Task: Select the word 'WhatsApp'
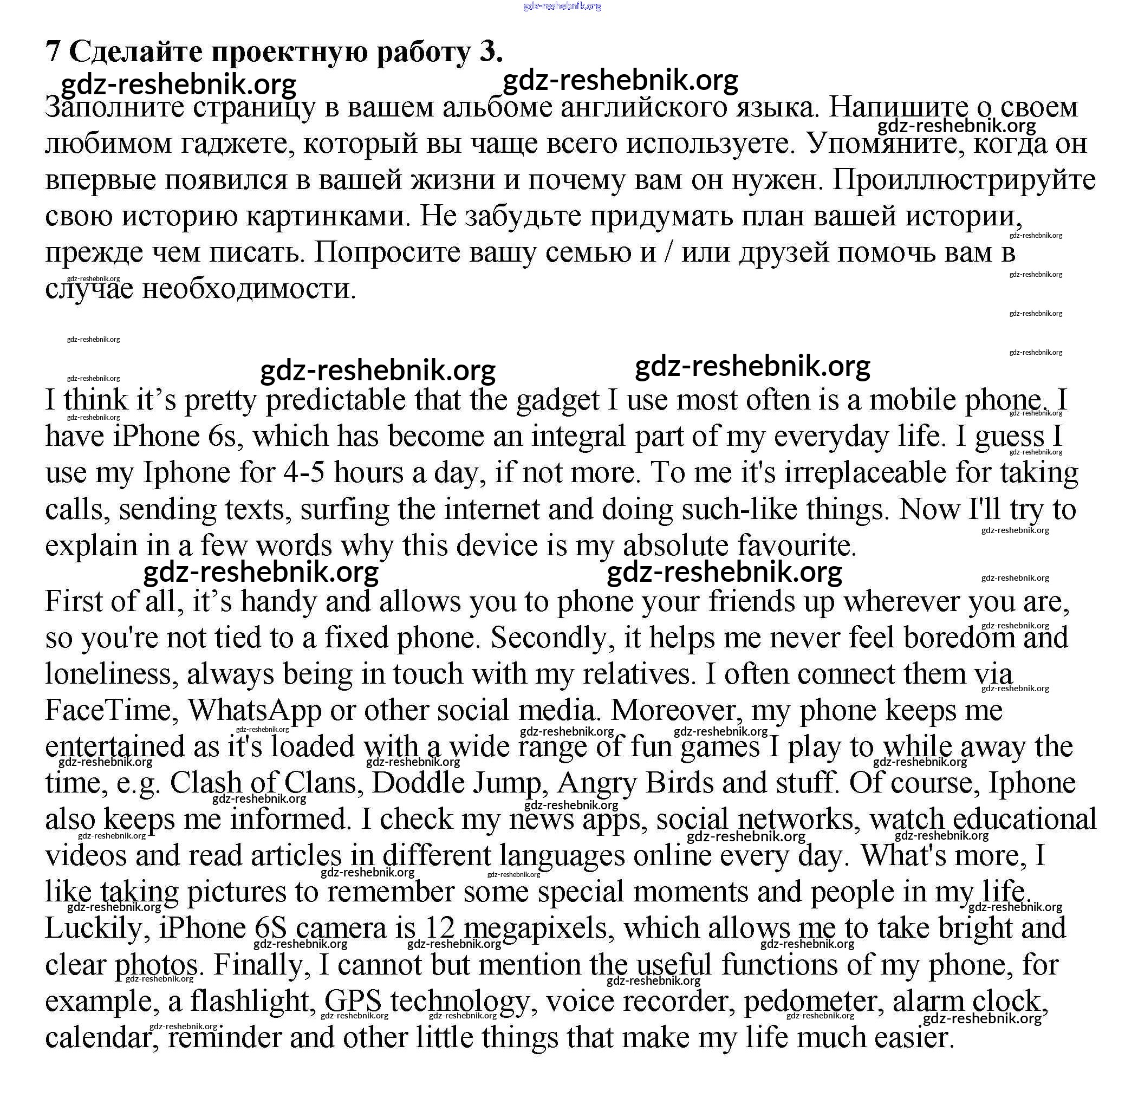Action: (255, 710)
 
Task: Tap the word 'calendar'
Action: (101, 1037)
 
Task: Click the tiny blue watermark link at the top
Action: (562, 7)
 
